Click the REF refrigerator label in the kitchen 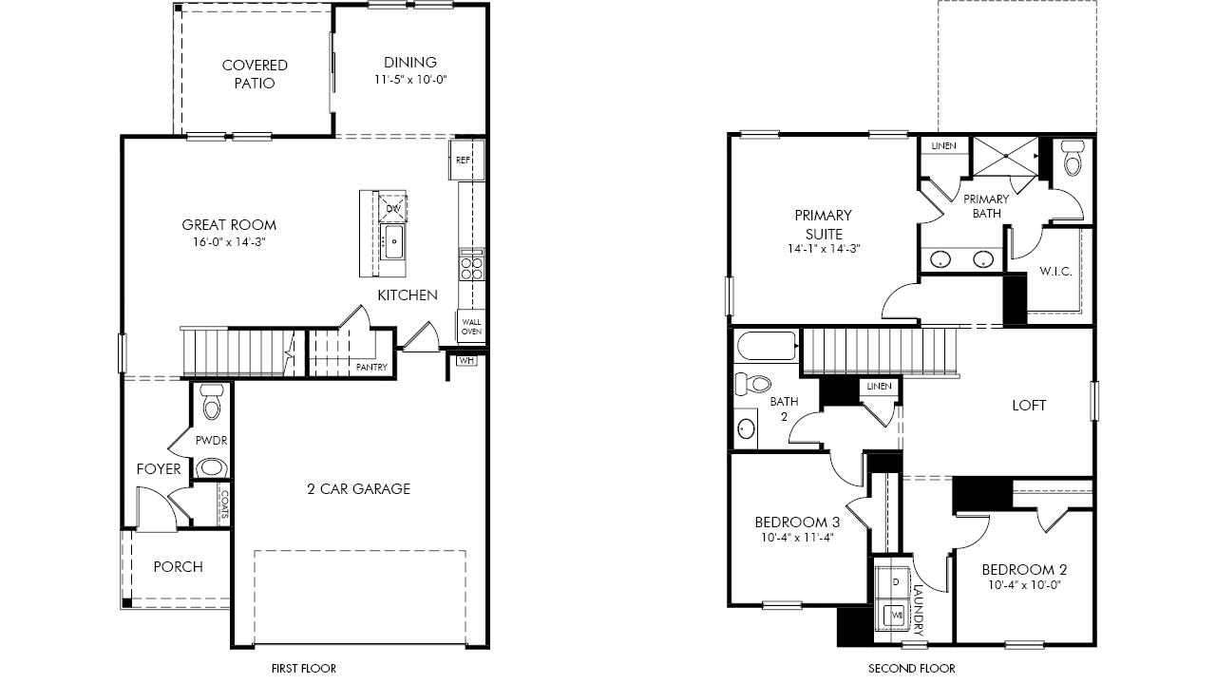click(x=463, y=161)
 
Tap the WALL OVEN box click(x=471, y=326)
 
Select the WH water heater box click(x=466, y=360)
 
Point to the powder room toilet click(x=211, y=402)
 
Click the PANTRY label click(x=371, y=368)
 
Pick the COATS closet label click(x=224, y=504)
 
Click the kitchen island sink click(x=393, y=242)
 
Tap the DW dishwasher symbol click(x=393, y=208)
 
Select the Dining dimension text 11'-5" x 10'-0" click(x=410, y=80)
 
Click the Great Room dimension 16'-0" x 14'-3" click(x=229, y=242)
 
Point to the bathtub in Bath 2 click(x=766, y=347)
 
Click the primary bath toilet click(x=1073, y=158)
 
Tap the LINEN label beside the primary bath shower click(x=943, y=146)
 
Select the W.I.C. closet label click(x=1055, y=272)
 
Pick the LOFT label click(x=1029, y=406)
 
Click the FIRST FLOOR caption click(x=303, y=668)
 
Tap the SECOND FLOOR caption click(x=911, y=668)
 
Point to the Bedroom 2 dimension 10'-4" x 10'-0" click(x=1024, y=585)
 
